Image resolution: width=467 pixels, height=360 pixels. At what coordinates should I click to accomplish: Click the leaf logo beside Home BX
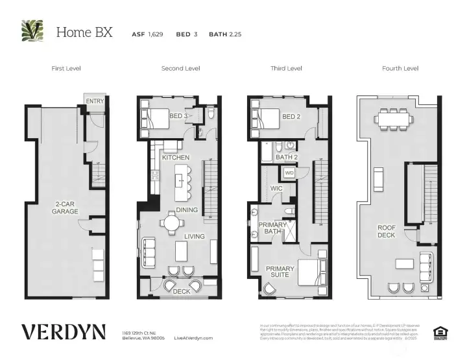click(32, 30)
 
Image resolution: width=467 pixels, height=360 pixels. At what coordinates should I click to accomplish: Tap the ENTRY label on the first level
click(95, 101)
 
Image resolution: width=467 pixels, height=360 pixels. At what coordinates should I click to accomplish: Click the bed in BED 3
click(156, 117)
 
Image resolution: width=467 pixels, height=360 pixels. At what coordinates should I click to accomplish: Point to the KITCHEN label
click(175, 158)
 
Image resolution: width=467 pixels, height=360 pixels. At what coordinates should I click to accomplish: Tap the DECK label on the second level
click(181, 292)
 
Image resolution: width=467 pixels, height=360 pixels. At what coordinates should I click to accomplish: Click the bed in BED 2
click(266, 117)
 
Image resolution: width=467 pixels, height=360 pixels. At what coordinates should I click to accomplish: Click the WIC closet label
click(276, 189)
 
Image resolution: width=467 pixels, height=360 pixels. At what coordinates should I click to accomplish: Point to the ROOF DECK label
click(387, 231)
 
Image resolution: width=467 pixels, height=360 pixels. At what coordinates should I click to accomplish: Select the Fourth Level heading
click(400, 68)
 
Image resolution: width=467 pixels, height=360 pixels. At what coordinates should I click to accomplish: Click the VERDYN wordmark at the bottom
click(63, 332)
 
